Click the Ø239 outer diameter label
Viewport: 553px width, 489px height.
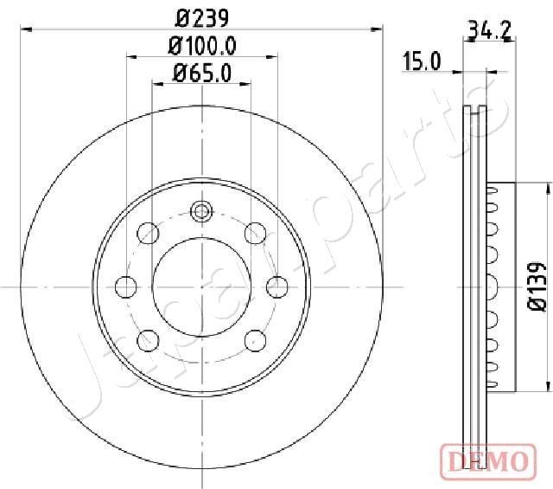pyautogui.click(x=202, y=18)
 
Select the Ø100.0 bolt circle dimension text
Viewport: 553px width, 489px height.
pyautogui.click(x=202, y=46)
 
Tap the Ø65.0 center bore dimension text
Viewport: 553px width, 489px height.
pyautogui.click(x=202, y=74)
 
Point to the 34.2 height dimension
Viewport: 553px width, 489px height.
pyautogui.click(x=490, y=30)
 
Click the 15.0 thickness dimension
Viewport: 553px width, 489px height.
pyautogui.click(x=422, y=61)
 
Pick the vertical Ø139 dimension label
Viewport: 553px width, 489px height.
pyautogui.click(x=537, y=286)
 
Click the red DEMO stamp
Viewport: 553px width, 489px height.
pyautogui.click(x=488, y=462)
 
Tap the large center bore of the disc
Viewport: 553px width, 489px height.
pyautogui.click(x=201, y=286)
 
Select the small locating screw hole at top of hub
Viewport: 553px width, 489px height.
pyautogui.click(x=201, y=211)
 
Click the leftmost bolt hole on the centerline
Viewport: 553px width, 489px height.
pyautogui.click(x=126, y=286)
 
